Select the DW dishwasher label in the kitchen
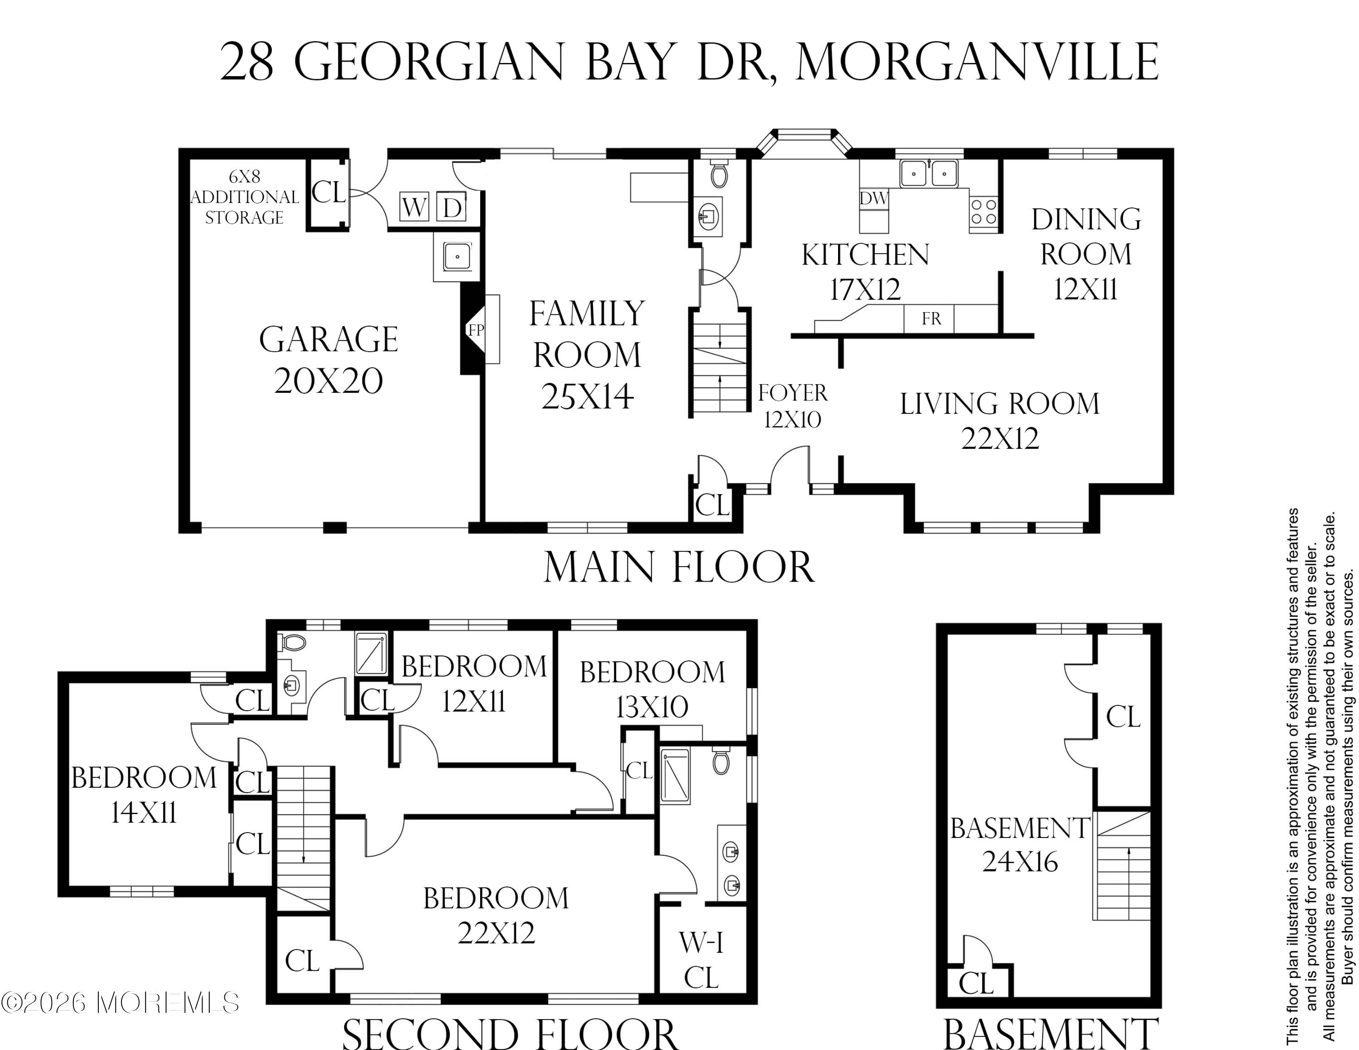[x=874, y=198]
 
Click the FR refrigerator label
[x=931, y=318]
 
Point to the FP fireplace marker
[x=475, y=330]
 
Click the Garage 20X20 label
[x=328, y=360]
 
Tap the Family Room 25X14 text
[x=587, y=355]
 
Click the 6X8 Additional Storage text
[x=245, y=197]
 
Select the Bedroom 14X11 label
[x=144, y=795]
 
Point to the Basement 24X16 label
[x=1019, y=845]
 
